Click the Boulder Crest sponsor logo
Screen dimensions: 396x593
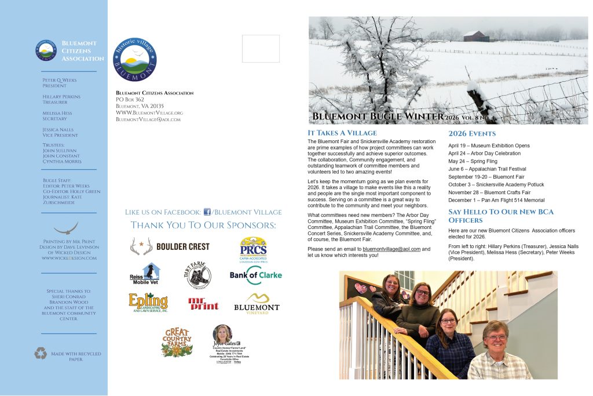170,246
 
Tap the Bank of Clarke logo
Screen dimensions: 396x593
255,275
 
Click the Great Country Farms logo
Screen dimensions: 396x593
177,341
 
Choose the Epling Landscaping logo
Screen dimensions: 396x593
148,303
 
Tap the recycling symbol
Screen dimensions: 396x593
40,353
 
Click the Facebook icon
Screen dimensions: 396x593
207,212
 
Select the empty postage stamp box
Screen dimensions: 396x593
261,49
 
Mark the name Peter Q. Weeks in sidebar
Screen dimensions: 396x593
60,80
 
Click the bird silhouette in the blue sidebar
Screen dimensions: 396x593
65,227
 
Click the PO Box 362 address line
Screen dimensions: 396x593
130,99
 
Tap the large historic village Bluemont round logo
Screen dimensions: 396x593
135,59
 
